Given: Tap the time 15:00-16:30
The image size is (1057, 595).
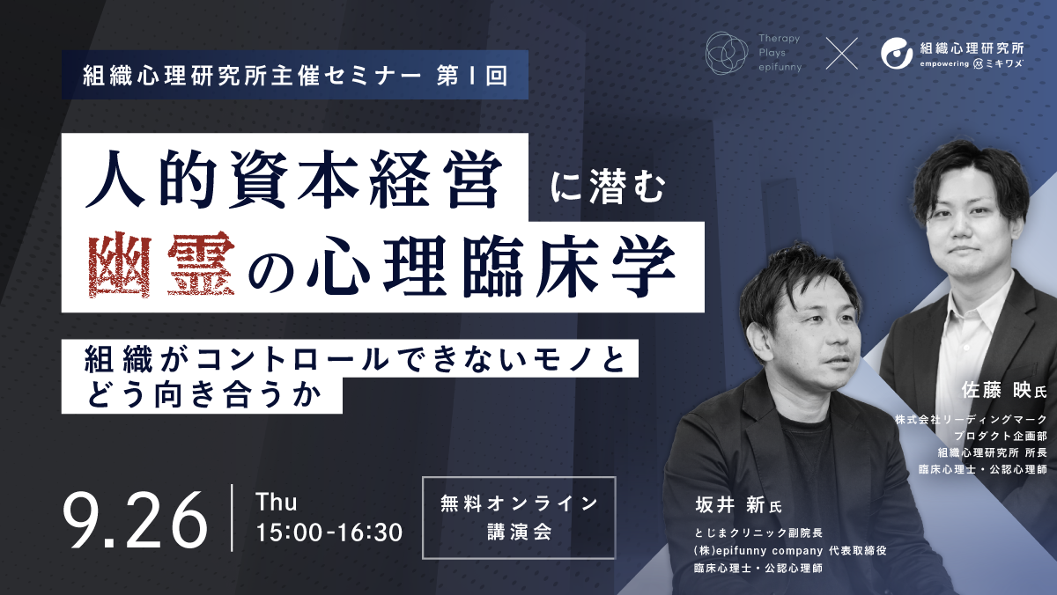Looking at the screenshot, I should pos(329,532).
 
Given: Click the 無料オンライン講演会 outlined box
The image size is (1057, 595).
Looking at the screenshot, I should pos(518,518).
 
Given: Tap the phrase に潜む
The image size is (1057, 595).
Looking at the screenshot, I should pos(605,186).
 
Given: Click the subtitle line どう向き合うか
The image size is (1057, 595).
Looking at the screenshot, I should pos(200,393).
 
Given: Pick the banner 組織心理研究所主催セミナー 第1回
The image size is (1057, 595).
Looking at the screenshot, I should pos(294,76).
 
